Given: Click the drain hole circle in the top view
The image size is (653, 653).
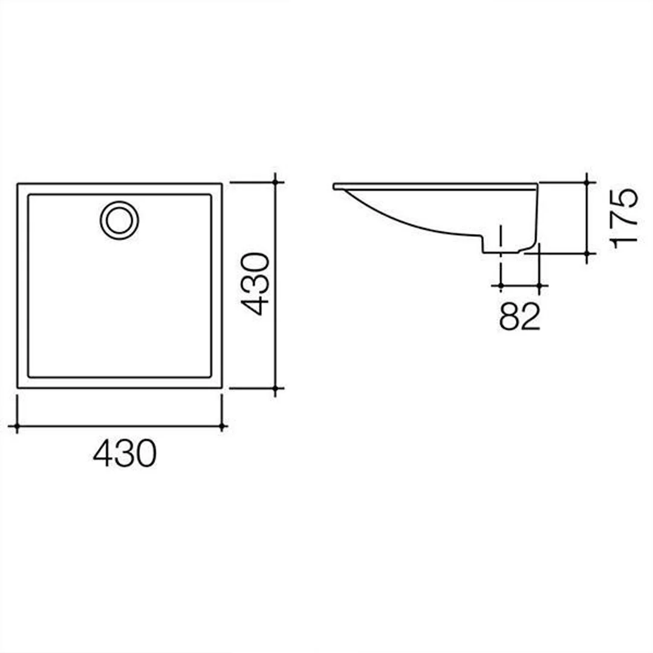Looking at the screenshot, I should click(x=119, y=220).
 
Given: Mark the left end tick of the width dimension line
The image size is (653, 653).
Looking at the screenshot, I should click(x=17, y=427).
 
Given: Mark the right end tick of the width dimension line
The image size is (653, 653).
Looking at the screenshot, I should click(x=222, y=427).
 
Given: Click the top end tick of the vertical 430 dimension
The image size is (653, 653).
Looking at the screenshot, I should click(x=276, y=181).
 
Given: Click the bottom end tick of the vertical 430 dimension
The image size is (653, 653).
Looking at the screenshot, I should click(x=276, y=389).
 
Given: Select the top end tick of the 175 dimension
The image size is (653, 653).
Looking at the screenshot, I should click(x=586, y=181).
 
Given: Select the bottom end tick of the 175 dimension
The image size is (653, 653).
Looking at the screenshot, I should click(x=586, y=254).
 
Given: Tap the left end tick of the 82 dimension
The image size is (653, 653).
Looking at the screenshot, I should click(x=501, y=285).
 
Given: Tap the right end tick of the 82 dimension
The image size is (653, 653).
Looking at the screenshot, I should click(x=539, y=285).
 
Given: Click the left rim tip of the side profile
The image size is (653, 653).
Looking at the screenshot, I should click(x=335, y=186).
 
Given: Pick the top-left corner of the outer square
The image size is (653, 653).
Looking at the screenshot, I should click(x=18, y=183).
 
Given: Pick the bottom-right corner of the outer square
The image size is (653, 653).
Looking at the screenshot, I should click(x=221, y=388).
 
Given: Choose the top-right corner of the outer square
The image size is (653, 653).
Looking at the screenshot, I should click(x=221, y=183).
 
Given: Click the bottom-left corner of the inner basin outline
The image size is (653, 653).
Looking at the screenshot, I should click(x=29, y=377).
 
